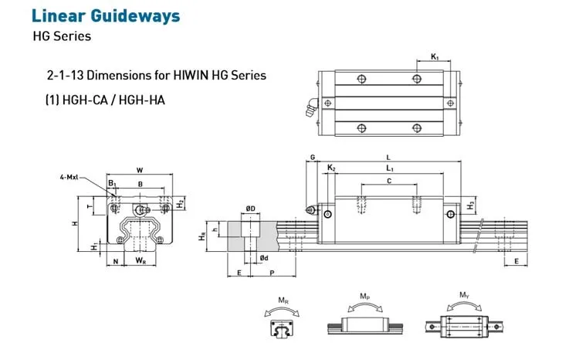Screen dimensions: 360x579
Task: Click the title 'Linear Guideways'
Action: coord(107,15)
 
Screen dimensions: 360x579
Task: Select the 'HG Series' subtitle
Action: coord(61,36)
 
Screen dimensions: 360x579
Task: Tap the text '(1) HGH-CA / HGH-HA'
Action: coord(106,100)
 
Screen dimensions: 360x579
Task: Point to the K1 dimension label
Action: coord(435,56)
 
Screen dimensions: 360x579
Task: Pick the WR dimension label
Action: coord(141,262)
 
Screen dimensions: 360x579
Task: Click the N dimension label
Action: coord(115,262)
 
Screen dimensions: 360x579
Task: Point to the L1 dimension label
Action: coord(390,168)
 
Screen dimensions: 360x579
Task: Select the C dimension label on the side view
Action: coord(389,181)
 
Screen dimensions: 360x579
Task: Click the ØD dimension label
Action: coord(251,209)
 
